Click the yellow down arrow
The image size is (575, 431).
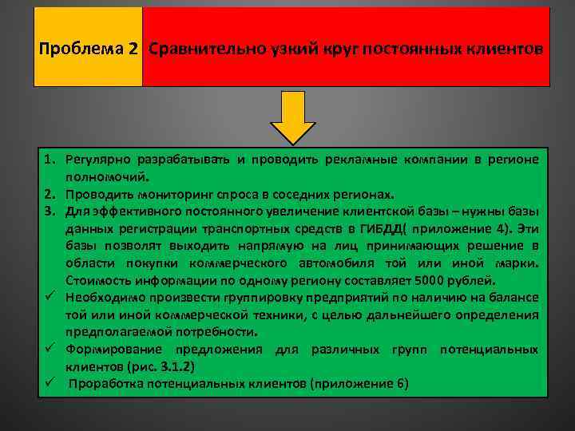pos(293,116)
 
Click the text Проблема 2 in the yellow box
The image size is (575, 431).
pos(88,49)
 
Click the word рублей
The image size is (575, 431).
pos(477,280)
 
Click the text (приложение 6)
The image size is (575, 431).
pos(355,384)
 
